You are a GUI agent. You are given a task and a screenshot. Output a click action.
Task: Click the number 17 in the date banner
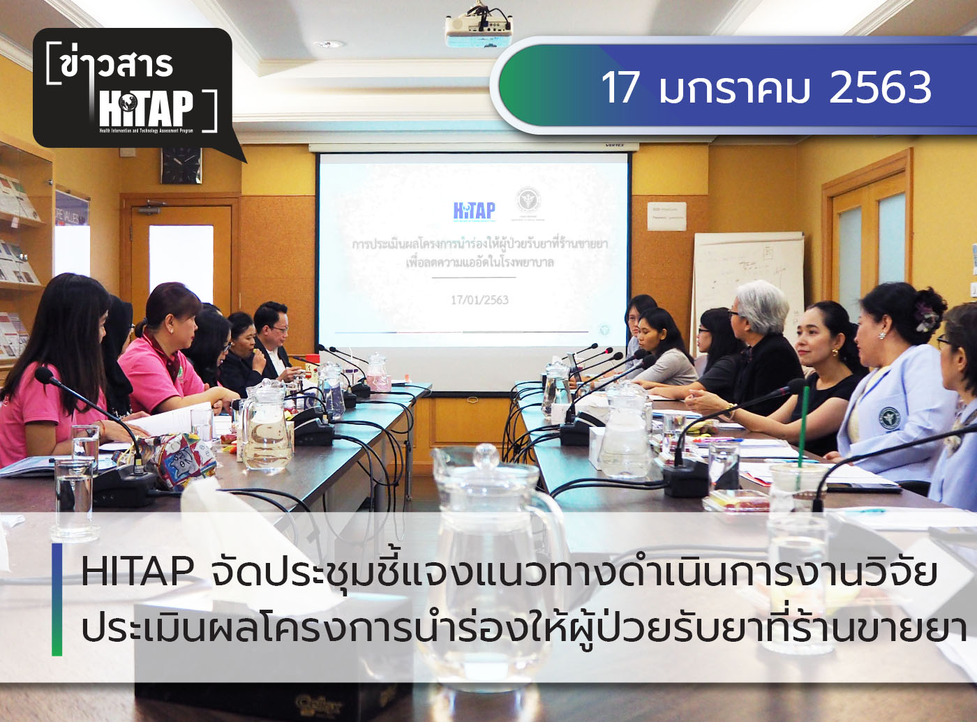coord(620,88)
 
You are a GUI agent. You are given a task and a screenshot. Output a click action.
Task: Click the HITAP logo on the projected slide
coord(474,211)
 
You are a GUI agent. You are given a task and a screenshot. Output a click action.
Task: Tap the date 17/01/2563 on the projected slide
coord(479,300)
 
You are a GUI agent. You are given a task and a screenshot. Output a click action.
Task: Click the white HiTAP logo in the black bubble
coord(146,110)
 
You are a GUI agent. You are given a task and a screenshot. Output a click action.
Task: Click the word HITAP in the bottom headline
coord(137,572)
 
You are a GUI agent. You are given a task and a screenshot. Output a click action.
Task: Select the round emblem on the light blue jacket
coord(888,419)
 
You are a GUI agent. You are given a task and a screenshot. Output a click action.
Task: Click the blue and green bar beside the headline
coord(57,600)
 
